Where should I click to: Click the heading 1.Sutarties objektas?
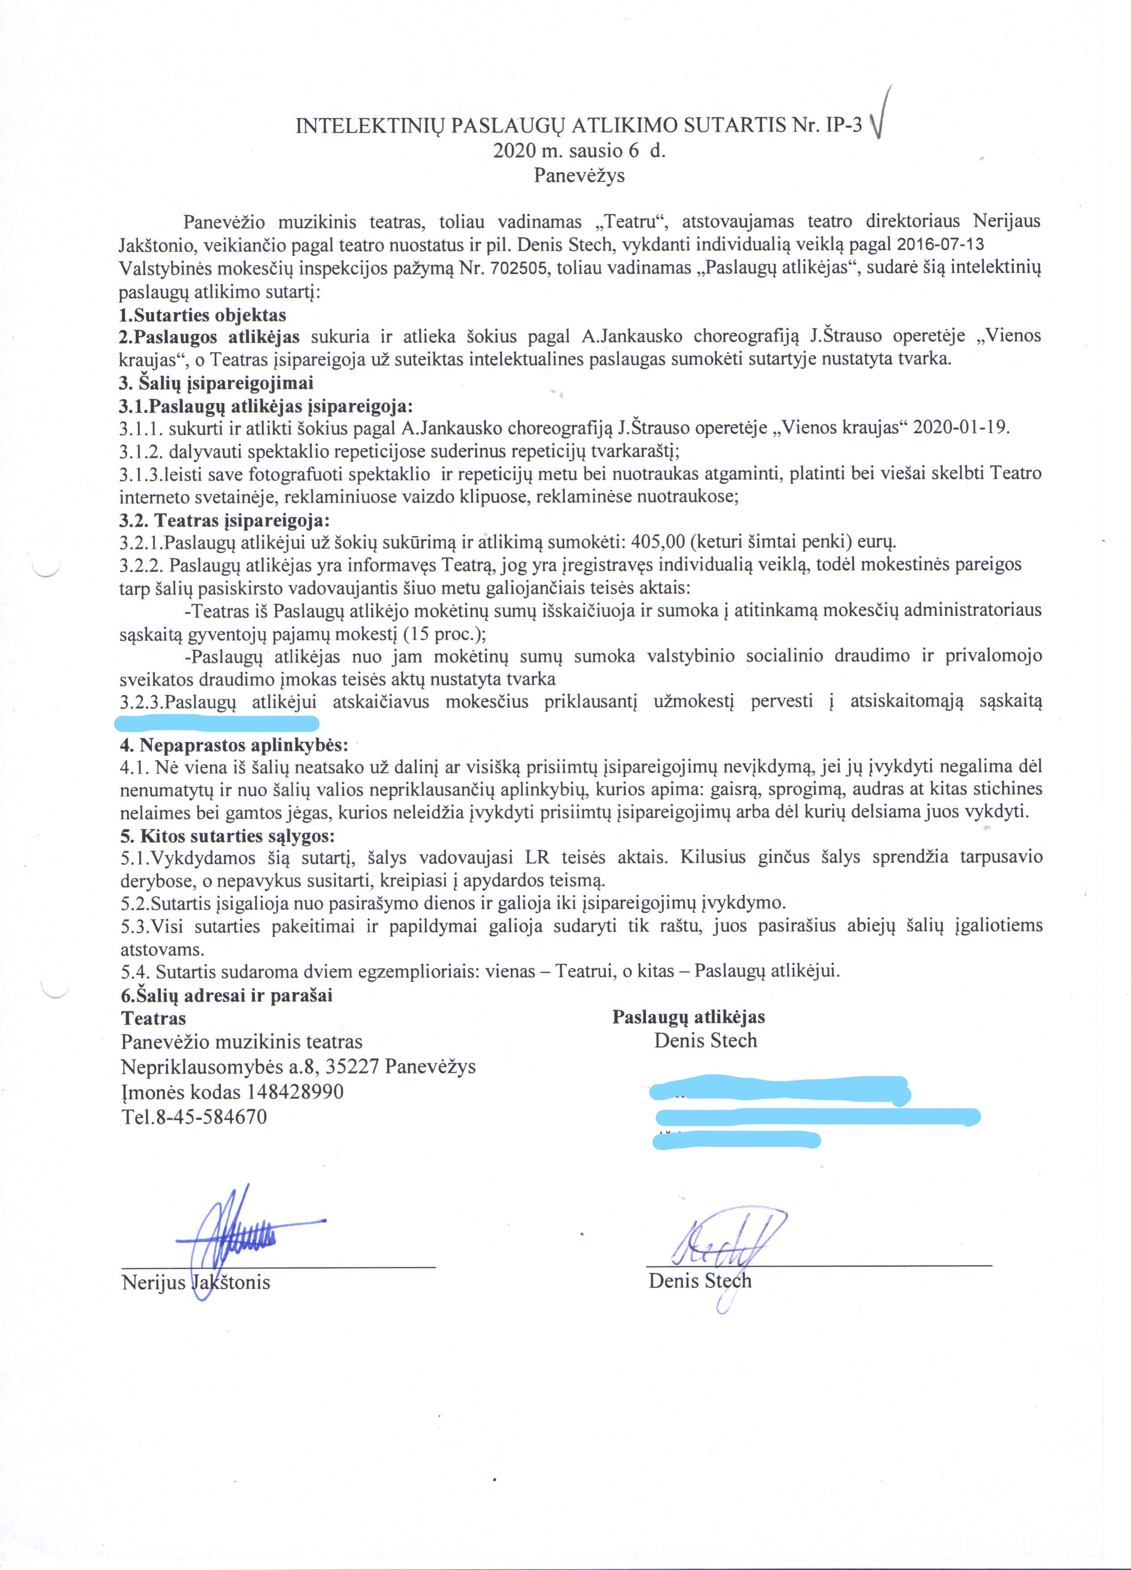pos(203,315)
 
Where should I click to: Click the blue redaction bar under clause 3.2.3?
pos(216,724)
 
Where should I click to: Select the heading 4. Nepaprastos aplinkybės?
pos(234,746)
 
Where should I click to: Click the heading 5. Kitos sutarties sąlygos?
pos(227,836)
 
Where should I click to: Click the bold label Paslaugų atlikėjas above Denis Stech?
pos(688,1017)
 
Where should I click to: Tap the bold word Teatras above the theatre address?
pos(154,1018)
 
